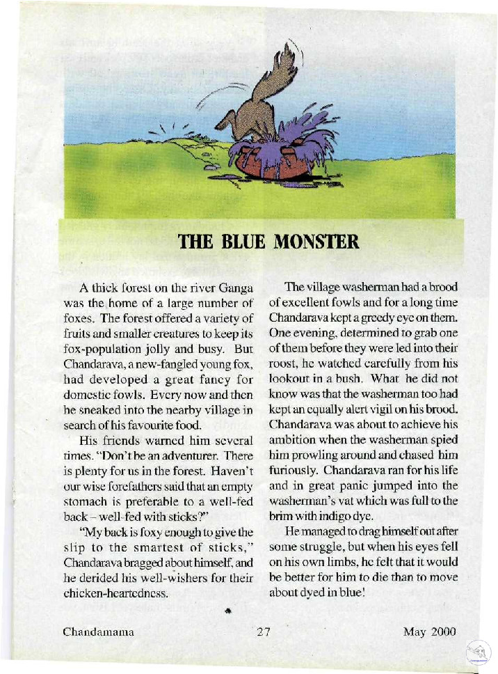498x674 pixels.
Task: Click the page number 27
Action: coord(262,633)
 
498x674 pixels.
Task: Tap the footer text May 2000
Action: coord(429,633)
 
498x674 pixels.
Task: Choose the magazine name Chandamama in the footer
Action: coord(98,633)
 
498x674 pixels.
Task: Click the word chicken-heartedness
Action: coord(129,593)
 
